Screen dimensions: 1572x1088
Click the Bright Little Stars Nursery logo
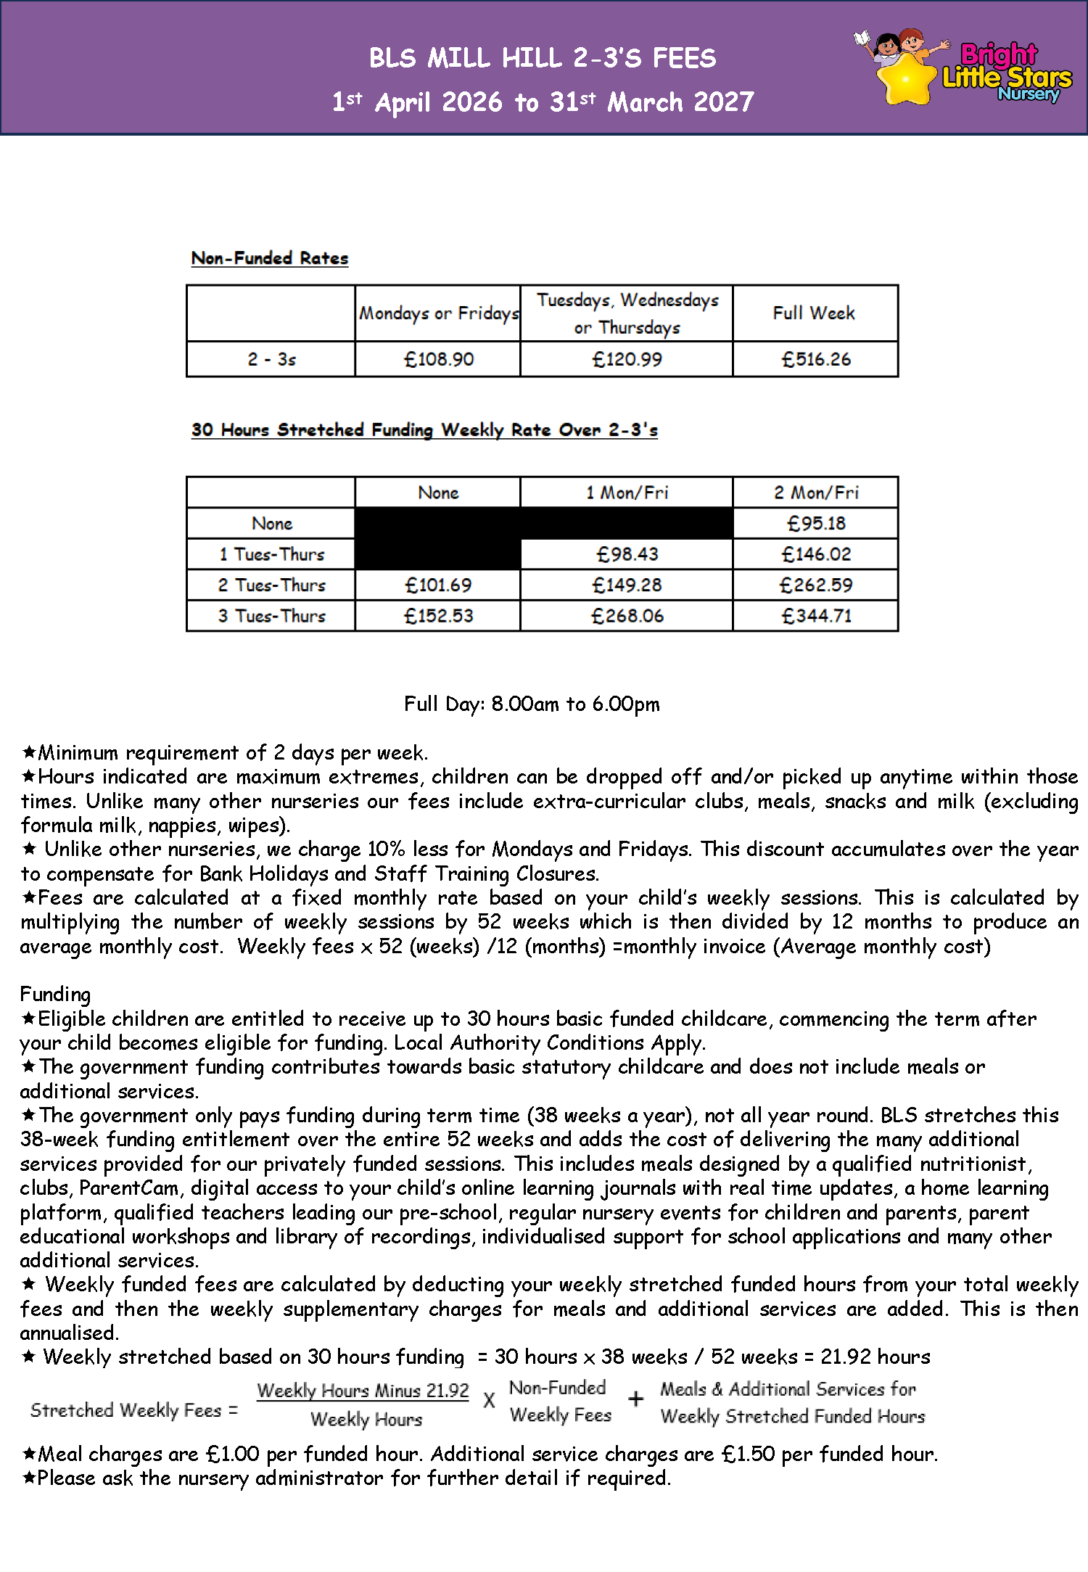[x=965, y=69]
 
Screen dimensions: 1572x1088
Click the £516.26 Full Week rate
[x=815, y=359]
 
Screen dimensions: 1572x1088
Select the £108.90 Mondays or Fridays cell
[x=438, y=359]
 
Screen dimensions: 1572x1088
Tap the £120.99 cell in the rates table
[x=627, y=359]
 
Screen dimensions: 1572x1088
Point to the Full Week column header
[x=814, y=313]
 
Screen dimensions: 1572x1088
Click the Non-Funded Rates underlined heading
[x=270, y=258]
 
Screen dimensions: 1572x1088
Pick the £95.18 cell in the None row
[x=816, y=523]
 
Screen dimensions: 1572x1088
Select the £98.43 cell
[x=627, y=554]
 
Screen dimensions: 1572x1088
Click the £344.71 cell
[x=816, y=616]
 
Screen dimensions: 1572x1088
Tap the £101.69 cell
[x=438, y=585]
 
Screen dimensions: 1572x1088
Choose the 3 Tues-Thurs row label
[x=271, y=616]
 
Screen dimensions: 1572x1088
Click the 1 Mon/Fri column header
[x=627, y=493]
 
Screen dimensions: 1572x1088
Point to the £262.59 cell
[x=816, y=585]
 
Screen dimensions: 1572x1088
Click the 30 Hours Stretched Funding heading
[x=424, y=430]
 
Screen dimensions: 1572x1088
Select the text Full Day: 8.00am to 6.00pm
[x=532, y=704]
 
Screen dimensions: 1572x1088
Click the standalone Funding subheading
[x=55, y=994]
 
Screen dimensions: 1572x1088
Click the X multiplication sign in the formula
[x=489, y=1400]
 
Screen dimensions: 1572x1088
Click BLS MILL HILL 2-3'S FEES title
[x=543, y=58]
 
